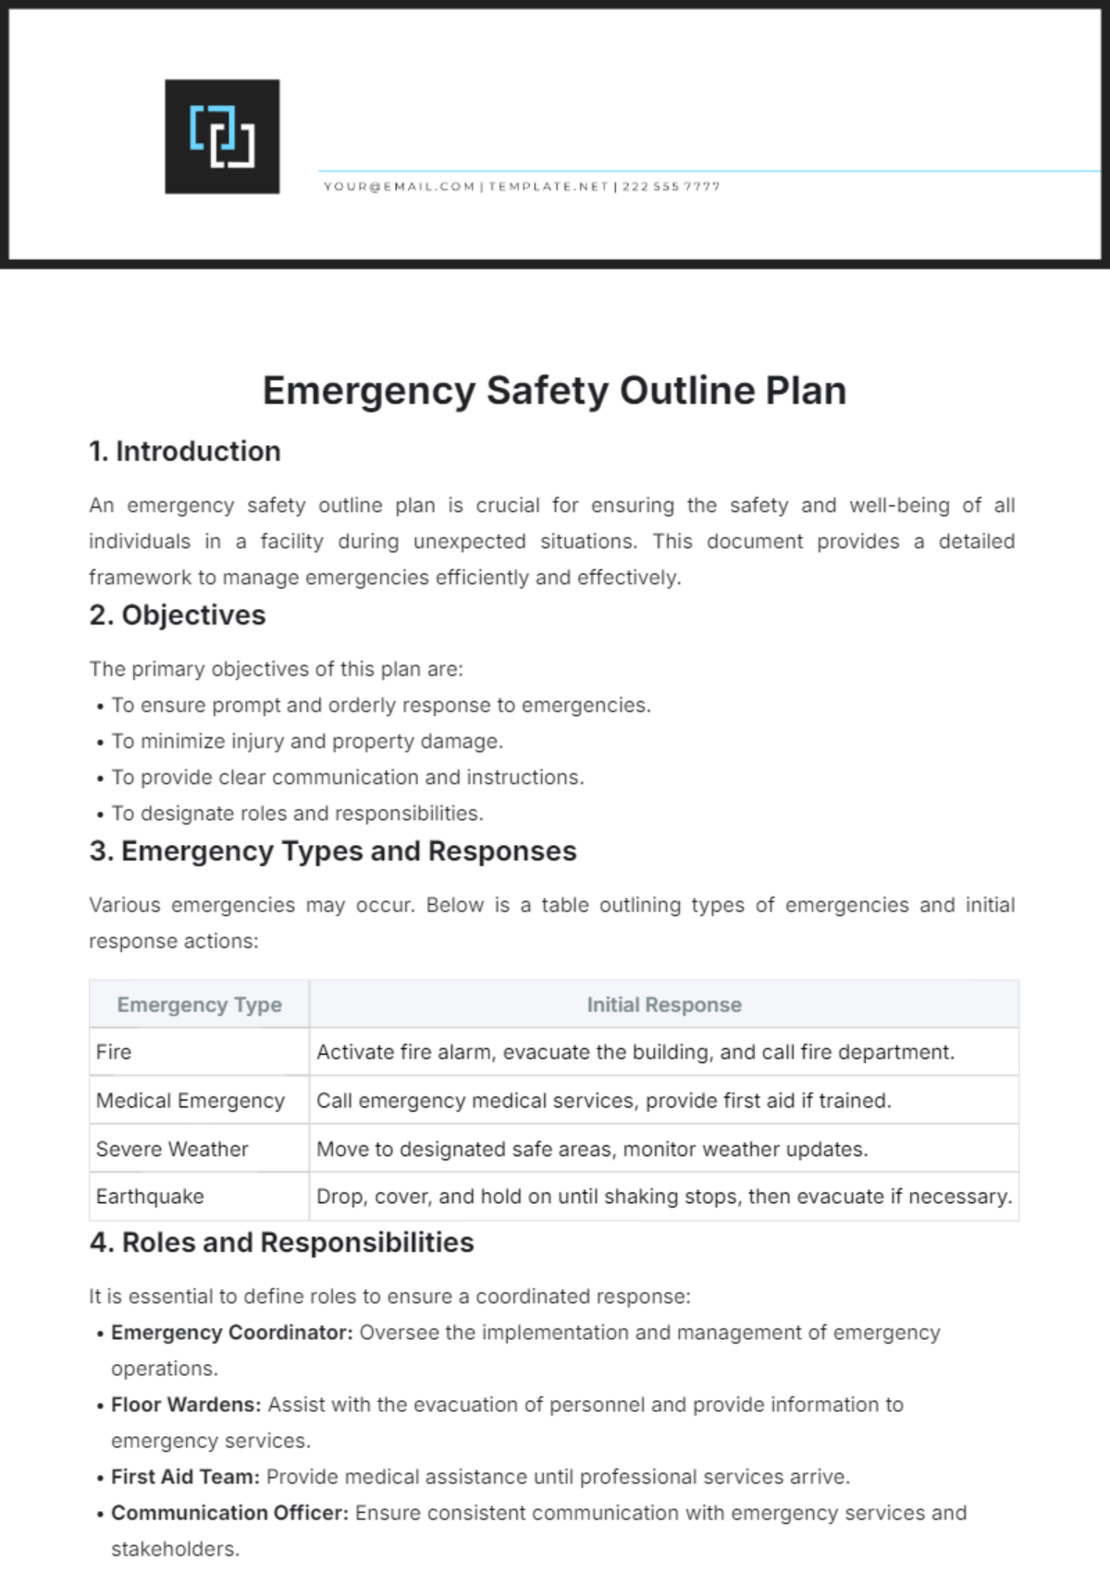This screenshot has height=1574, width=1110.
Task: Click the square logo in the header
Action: tap(222, 136)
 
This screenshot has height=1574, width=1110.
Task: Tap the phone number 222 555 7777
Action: tap(671, 186)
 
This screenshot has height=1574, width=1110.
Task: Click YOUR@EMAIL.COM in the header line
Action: tap(399, 186)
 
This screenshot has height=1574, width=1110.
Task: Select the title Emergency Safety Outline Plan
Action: tap(554, 390)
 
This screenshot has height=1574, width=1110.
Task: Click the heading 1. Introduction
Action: tap(185, 452)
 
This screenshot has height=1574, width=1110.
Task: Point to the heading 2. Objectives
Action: tap(178, 615)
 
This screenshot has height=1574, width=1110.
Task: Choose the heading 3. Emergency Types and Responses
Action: tap(333, 851)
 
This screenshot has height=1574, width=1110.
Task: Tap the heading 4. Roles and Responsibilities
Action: tap(282, 1243)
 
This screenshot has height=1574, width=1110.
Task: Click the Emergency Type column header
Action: tap(199, 1005)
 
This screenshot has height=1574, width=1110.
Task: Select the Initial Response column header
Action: tap(664, 1005)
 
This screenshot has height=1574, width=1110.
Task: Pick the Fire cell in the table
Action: tap(114, 1052)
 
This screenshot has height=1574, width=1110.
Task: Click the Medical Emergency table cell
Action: tap(191, 1101)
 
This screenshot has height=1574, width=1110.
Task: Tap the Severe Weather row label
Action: tap(172, 1149)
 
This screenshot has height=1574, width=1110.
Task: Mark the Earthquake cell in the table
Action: tap(150, 1196)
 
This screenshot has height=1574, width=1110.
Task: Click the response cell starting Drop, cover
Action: tap(664, 1196)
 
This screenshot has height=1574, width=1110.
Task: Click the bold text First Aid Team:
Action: tap(185, 1477)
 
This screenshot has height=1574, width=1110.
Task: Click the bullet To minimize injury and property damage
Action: tap(307, 741)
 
